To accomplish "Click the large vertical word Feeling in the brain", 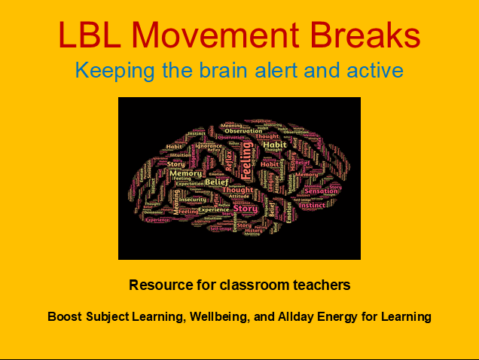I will coord(246,161).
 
